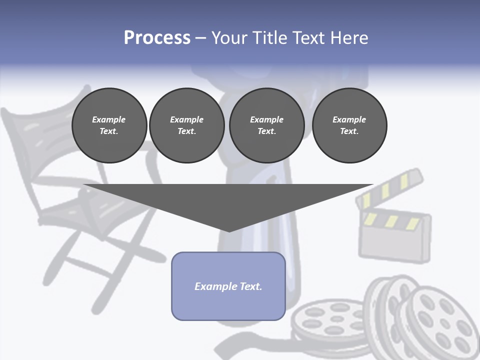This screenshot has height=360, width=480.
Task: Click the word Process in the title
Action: [157, 38]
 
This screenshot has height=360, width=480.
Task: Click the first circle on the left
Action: [109, 125]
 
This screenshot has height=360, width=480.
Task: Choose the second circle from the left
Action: [186, 125]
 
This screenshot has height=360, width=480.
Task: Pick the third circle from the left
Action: [266, 125]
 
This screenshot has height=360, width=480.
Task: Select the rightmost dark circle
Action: [349, 125]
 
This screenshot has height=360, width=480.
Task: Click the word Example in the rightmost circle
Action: [349, 119]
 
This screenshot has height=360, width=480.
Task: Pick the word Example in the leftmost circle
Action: [109, 119]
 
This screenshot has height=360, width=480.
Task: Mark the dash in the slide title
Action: [200, 38]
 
